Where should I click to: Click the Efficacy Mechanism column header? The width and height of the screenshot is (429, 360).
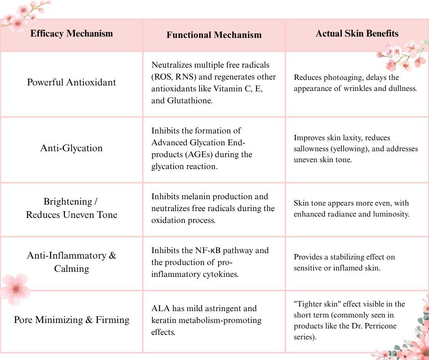coord(71,33)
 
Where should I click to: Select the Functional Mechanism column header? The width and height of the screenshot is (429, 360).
coord(214,35)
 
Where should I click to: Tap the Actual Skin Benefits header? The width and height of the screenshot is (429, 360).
coord(357,33)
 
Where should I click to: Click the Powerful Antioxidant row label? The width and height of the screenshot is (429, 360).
coord(71,82)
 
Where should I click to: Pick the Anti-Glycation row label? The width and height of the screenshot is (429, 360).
coord(71,148)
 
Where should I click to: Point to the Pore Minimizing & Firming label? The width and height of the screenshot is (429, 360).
coord(71,320)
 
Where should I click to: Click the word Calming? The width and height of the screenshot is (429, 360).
coord(71,269)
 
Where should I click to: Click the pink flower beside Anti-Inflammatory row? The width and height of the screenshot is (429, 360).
coord(15,289)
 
